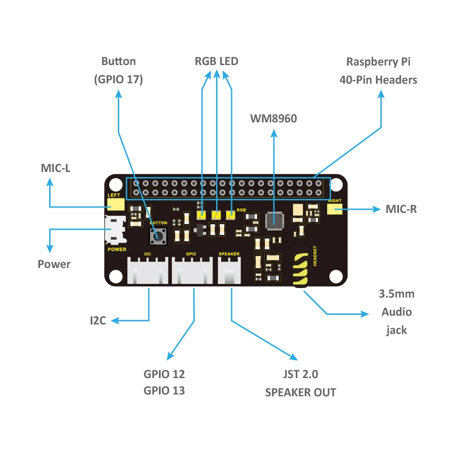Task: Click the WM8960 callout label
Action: tap(273, 119)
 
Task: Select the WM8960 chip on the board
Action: tap(274, 220)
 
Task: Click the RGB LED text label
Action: tap(216, 61)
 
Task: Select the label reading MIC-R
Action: tap(401, 209)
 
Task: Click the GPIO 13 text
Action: tap(164, 390)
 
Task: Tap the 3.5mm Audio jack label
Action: tap(396, 312)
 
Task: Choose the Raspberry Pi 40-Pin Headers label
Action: tap(378, 71)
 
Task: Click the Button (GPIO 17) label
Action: tap(118, 70)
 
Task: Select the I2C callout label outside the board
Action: tap(98, 321)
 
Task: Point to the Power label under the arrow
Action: tap(54, 264)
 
